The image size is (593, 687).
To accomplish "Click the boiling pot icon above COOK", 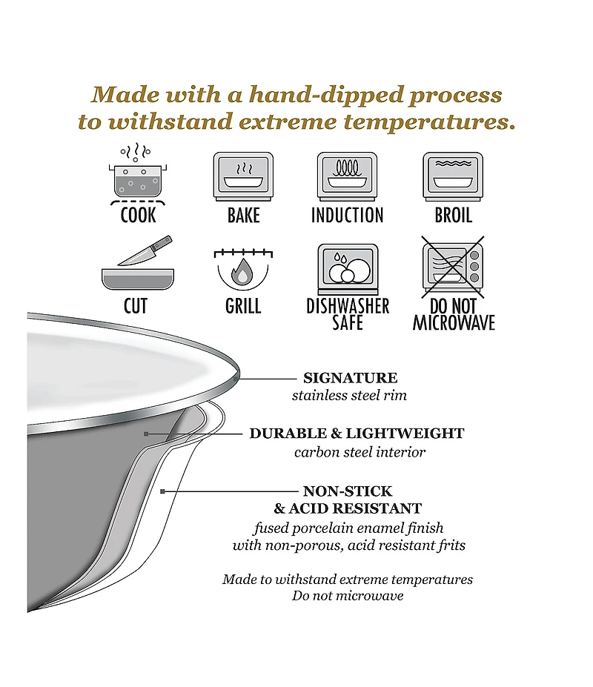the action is point(138,174).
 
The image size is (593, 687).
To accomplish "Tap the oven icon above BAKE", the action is point(243,176).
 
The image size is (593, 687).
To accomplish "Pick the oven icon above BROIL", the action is point(453,176).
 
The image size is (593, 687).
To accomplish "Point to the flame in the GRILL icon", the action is point(242,272).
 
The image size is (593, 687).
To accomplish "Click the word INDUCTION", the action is point(347,215).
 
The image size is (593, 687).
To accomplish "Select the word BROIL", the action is point(453,215).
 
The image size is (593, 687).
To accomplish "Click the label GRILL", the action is point(243,306).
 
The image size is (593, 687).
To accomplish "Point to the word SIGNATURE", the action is point(350,378).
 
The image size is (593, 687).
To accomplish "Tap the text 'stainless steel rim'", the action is point(349,395).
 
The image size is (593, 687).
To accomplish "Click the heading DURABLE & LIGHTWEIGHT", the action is point(357,434).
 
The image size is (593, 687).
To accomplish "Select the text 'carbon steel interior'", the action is point(360,452).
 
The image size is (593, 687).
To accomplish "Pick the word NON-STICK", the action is point(348,491).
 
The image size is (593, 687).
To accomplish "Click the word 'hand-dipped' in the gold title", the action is point(326,95).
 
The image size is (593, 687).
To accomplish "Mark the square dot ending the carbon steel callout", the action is point(146,434).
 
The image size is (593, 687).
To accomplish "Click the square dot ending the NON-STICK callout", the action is point(162,491).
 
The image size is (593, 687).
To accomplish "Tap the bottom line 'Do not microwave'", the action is point(348,595).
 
